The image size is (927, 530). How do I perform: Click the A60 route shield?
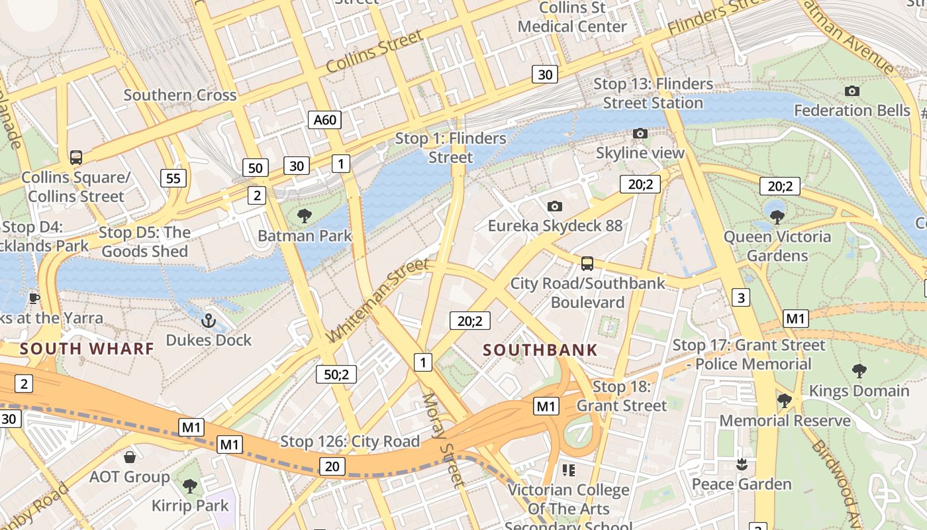(325, 120)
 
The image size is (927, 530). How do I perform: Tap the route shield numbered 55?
(173, 178)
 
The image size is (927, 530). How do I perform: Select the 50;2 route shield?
(336, 374)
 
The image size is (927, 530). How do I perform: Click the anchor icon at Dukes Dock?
(209, 321)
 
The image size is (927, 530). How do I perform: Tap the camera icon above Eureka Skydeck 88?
(555, 207)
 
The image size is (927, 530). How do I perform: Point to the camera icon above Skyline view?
(640, 134)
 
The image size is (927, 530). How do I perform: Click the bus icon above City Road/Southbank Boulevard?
(587, 264)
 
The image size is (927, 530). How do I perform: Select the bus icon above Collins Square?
(76, 158)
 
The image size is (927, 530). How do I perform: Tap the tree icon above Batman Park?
(305, 215)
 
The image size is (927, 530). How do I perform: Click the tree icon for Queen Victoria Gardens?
(777, 217)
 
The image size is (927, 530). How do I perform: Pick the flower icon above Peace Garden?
(742, 464)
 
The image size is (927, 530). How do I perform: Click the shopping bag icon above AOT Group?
(130, 457)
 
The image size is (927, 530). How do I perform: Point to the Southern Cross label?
(180, 95)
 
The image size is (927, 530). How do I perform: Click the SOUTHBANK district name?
(540, 350)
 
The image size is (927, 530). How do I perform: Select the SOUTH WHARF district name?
(87, 348)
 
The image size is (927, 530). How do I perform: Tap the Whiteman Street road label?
(378, 301)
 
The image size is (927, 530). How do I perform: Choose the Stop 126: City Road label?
(350, 441)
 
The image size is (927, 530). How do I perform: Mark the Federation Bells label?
(852, 110)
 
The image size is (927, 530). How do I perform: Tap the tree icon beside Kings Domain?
(859, 371)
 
